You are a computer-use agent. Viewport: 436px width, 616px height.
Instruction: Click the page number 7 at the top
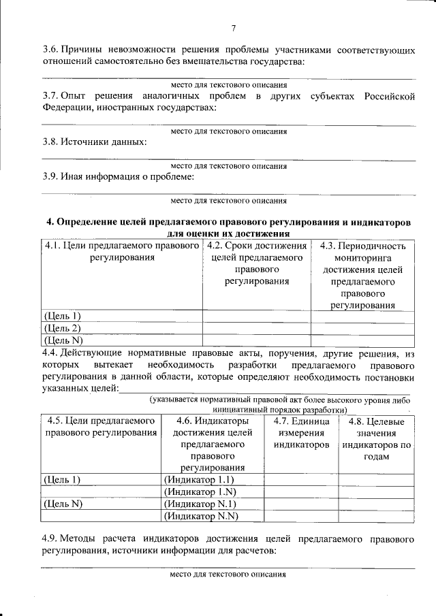[x=233, y=28]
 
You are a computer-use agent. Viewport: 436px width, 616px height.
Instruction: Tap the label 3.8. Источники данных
[x=93, y=142]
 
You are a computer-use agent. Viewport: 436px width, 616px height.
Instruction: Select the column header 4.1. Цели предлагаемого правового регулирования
[x=121, y=253]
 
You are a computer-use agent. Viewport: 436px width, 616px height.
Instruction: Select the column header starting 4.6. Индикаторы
[x=212, y=444]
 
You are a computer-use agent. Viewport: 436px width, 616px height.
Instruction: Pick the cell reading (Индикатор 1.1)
[x=196, y=479]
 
